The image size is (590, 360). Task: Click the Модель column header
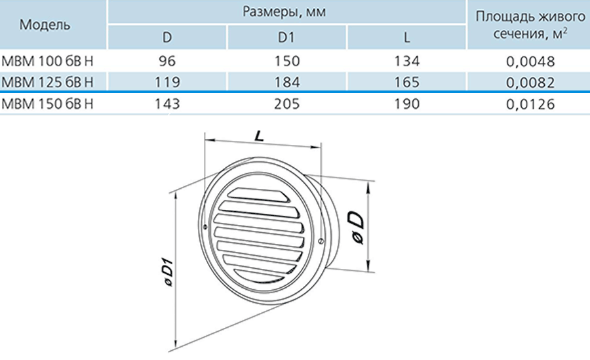tap(45, 25)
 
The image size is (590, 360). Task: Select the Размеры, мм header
tap(284, 12)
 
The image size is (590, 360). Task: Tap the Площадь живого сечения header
tap(530, 25)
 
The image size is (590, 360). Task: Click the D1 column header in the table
tap(286, 37)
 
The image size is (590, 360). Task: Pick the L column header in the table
tap(406, 37)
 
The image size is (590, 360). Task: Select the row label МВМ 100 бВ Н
tap(47, 61)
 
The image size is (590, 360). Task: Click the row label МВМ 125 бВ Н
tap(47, 82)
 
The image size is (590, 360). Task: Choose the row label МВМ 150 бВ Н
tap(47, 104)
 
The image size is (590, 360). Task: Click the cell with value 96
tap(167, 61)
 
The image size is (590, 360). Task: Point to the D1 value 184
tap(286, 82)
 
